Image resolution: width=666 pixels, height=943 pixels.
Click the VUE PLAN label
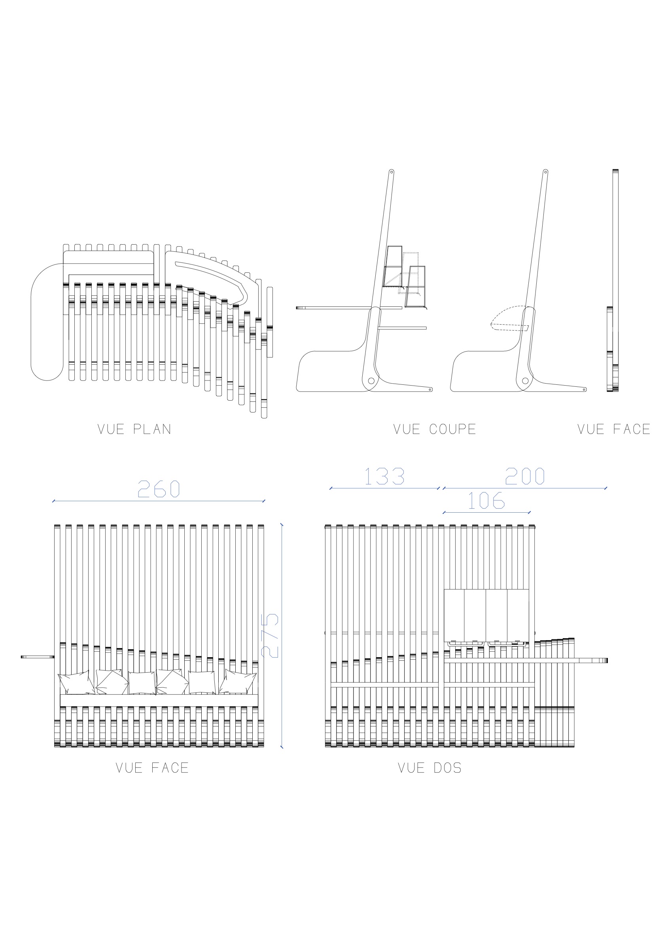[x=134, y=429]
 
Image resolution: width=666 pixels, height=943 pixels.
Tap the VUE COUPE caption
[x=435, y=429]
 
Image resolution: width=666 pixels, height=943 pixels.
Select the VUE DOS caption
[x=429, y=768]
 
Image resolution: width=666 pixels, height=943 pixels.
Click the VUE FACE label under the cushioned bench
[x=152, y=768]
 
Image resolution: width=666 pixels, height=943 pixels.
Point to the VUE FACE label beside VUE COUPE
[x=613, y=429]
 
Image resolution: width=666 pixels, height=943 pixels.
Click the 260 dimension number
[x=159, y=489]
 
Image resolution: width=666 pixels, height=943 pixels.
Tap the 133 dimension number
[x=384, y=476]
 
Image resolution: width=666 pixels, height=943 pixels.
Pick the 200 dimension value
[x=525, y=476]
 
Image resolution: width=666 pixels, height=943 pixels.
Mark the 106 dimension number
[x=486, y=500]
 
